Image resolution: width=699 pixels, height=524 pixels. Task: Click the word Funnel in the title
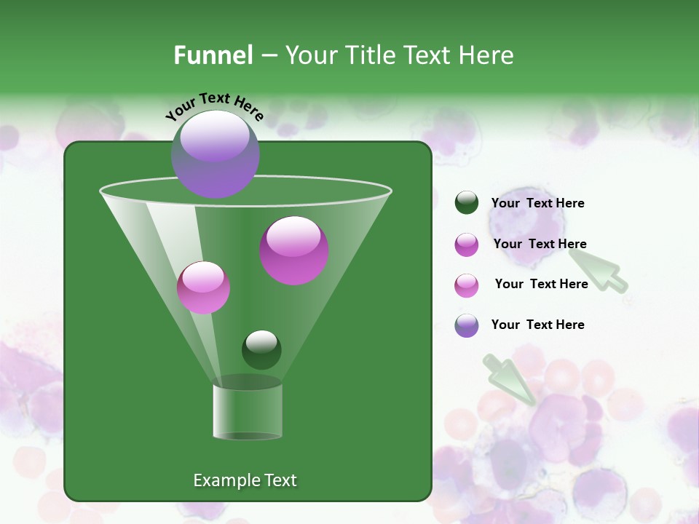[x=213, y=55]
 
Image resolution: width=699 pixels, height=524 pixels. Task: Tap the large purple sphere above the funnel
[x=216, y=154]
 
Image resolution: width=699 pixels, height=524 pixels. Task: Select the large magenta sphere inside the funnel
[x=294, y=250]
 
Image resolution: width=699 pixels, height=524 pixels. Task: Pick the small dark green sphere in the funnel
[x=261, y=349]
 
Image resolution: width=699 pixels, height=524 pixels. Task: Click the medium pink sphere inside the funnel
[x=203, y=287]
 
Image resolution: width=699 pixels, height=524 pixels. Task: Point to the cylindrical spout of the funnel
[x=248, y=411]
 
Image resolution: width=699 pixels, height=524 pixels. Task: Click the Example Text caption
[x=245, y=480]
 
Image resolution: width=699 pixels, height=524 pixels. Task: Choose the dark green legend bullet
[x=467, y=203]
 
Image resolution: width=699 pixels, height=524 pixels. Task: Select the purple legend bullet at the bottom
[x=467, y=325]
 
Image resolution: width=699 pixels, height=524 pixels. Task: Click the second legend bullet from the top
[x=467, y=245]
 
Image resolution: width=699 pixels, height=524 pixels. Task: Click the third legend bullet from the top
[x=467, y=285]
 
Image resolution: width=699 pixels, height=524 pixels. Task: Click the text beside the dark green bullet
[x=537, y=203]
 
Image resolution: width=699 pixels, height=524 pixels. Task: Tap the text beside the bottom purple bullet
[x=537, y=325]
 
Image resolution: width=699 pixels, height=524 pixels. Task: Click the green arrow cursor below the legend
[x=510, y=379]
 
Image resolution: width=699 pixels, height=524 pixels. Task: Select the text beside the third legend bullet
[x=541, y=284]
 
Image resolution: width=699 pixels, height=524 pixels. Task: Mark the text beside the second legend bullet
[x=540, y=244]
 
